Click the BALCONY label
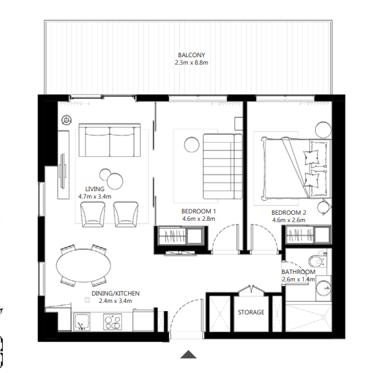click(x=192, y=55)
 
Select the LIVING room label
click(x=94, y=189)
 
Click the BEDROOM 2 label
click(x=290, y=212)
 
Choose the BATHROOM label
click(x=298, y=272)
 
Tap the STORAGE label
click(x=251, y=312)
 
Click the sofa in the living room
click(x=110, y=140)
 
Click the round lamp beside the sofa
click(x=66, y=120)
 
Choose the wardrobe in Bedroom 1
click(x=180, y=238)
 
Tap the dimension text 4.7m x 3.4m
click(x=94, y=197)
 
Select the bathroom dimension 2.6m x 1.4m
click(x=298, y=280)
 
